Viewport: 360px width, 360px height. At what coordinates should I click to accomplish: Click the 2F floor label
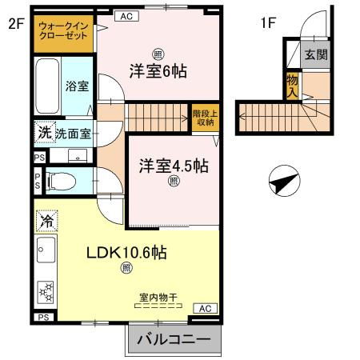(17, 23)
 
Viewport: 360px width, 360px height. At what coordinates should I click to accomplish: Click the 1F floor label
(267, 23)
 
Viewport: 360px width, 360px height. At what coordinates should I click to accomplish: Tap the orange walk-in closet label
(63, 30)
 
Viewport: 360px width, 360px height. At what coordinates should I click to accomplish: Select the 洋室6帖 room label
(158, 71)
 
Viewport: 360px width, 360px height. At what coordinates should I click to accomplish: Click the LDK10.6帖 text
(126, 252)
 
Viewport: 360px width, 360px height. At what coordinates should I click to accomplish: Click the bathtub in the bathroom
(47, 86)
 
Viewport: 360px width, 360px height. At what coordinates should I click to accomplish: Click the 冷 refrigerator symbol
(46, 219)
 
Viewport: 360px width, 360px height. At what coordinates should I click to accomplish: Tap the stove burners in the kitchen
(46, 293)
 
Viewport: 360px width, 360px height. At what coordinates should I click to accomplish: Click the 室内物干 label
(158, 298)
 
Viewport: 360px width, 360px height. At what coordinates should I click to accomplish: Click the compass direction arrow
(283, 182)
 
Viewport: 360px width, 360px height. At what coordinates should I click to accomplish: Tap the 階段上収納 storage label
(203, 118)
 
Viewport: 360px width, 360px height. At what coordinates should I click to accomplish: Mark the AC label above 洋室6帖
(126, 15)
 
